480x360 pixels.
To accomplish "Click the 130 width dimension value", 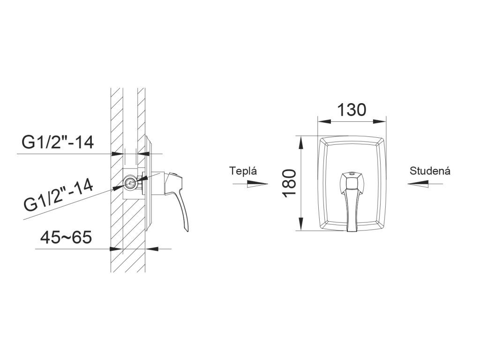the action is click(x=352, y=110).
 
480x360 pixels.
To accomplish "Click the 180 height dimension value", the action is click(x=290, y=183).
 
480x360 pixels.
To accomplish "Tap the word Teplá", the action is click(x=244, y=171).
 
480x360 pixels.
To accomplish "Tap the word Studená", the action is click(x=430, y=171).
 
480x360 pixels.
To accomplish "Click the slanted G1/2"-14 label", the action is click(x=59, y=197).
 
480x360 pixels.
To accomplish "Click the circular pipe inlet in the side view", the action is click(x=130, y=182).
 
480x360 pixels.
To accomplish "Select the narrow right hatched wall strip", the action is click(x=141, y=117).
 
